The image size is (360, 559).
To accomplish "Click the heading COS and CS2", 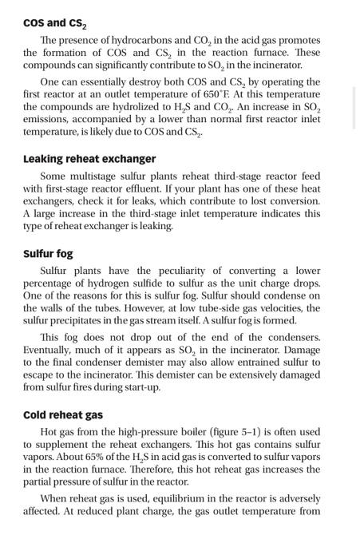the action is click(x=55, y=21).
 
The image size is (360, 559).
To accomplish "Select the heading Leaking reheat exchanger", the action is click(x=89, y=159).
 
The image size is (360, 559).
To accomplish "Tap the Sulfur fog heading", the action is click(x=49, y=254).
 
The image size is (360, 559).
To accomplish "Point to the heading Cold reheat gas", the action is click(x=63, y=415).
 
